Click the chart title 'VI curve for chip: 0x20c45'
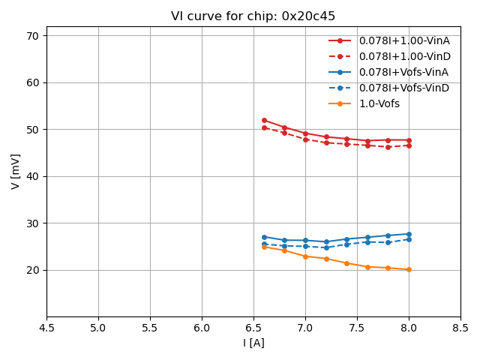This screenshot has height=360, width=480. coord(253,16)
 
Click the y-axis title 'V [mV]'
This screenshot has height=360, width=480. coord(16,171)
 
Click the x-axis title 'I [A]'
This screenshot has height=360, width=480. coord(253,343)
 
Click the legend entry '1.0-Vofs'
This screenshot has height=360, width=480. coord(379,103)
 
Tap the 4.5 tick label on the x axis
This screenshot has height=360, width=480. coord(46,328)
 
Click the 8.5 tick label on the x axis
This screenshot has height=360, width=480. coord(460,328)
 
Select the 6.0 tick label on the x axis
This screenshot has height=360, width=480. coord(202,328)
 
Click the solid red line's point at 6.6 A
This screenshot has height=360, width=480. coord(264,120)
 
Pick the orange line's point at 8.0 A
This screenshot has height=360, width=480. coord(409,269)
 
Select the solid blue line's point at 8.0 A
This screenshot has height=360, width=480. coord(409,234)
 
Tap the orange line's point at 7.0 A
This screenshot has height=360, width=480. coord(305,256)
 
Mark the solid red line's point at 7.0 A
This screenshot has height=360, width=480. coord(305,133)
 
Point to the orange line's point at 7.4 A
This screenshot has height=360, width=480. coord(346,263)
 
